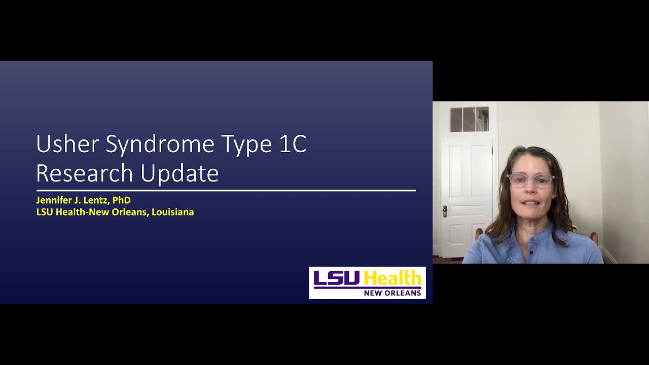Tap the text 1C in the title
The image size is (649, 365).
click(x=293, y=144)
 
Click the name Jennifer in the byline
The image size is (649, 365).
click(x=54, y=200)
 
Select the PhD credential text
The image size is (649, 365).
click(x=121, y=200)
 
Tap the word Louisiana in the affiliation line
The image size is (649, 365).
click(x=172, y=212)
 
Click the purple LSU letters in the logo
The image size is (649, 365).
click(x=337, y=278)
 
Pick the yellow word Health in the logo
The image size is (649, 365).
click(x=392, y=278)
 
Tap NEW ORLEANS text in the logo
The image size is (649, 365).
click(x=392, y=293)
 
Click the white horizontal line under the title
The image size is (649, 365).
click(x=226, y=191)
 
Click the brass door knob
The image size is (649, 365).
click(x=445, y=210)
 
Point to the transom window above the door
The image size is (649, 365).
click(x=469, y=119)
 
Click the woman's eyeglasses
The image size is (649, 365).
click(x=530, y=180)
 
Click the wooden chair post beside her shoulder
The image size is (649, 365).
click(x=594, y=238)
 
